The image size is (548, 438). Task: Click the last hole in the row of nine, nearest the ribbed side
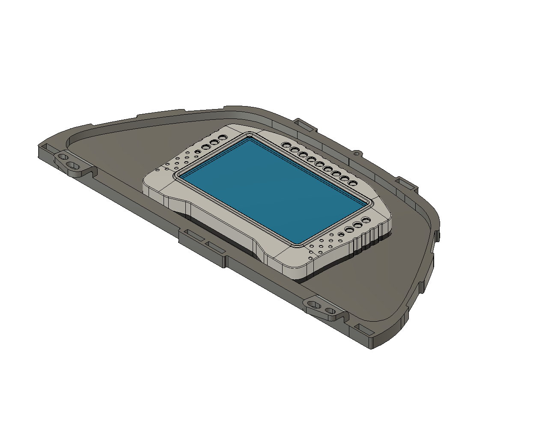(x=352, y=183)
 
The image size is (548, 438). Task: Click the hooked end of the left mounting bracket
(x=90, y=171)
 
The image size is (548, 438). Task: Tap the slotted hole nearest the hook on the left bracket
(x=72, y=165)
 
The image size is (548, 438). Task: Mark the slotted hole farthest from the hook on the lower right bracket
(x=313, y=304)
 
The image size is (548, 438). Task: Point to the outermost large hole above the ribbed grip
(x=366, y=220)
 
